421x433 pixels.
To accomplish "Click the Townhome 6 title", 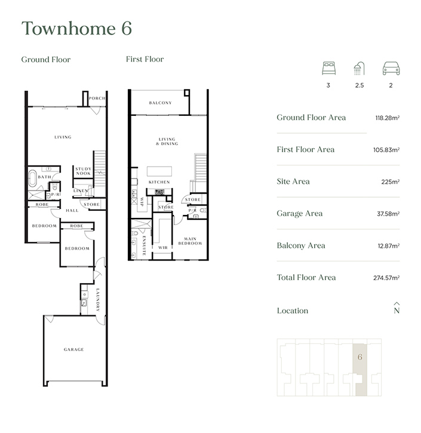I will coord(76,28).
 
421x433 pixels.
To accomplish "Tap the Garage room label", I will coord(74,349).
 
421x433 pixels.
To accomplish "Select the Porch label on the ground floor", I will coord(97,99).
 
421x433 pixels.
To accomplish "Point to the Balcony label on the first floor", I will coord(159,103).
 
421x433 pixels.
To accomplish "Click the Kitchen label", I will coord(159,182).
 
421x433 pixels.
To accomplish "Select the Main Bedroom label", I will coord(190,241).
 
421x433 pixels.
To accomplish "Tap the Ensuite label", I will coord(145,245).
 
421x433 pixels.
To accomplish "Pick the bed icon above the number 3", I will coord(328,68).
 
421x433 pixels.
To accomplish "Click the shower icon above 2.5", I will coord(359,68).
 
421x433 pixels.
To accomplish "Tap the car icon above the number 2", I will coord(390,68).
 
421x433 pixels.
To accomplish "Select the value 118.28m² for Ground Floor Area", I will coord(387,118).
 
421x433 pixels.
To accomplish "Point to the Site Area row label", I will coord(293,182).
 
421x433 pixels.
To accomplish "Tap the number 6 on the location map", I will coord(360,357).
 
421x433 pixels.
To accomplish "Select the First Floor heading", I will coord(145,59).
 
